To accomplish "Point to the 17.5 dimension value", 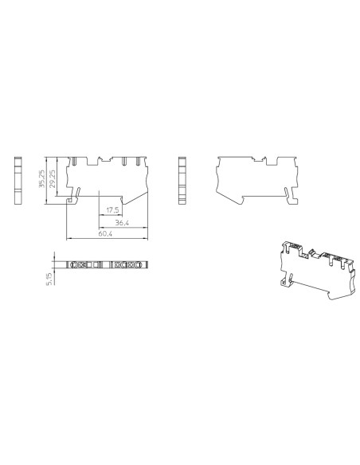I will (112, 210).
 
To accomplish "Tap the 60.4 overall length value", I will (106, 235).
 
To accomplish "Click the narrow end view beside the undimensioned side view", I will (182, 181).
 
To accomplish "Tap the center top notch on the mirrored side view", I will (260, 160).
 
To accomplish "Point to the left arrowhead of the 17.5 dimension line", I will (99, 215).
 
